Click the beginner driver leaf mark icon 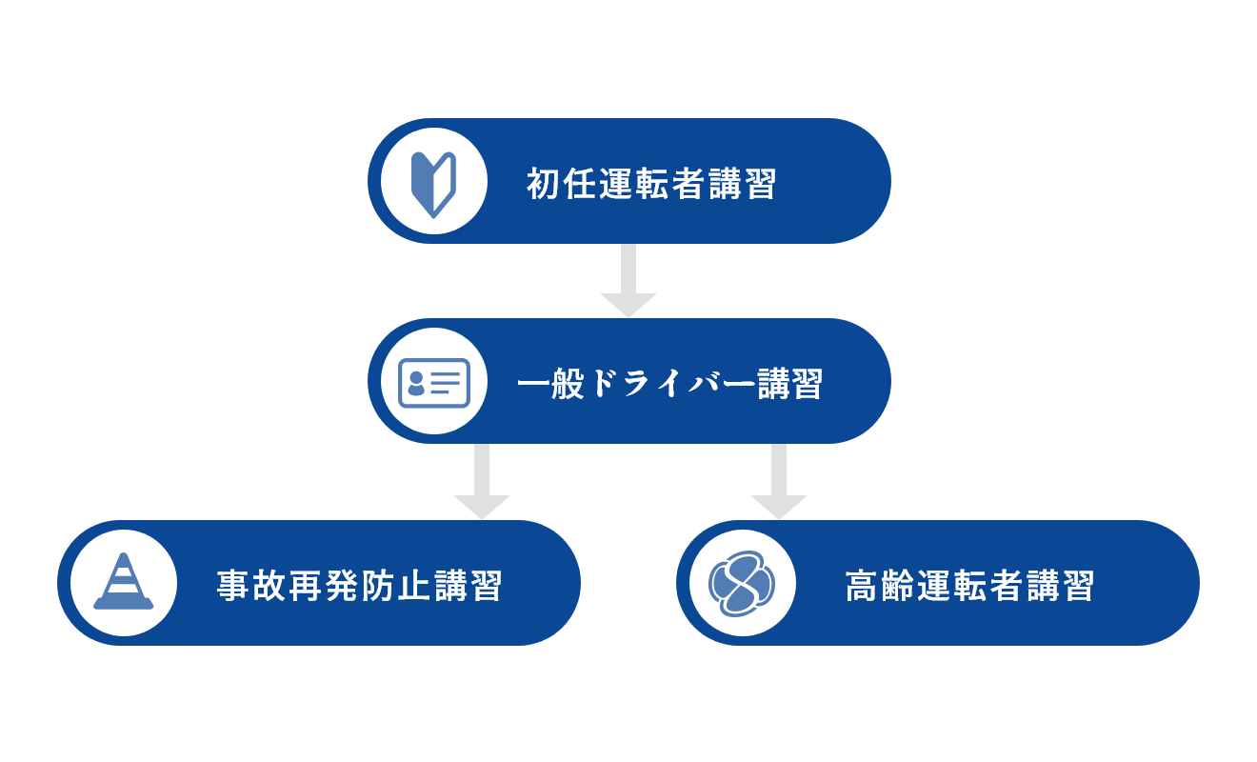[433, 184]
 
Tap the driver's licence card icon [434, 383]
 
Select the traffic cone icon [124, 581]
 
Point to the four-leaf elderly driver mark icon [742, 584]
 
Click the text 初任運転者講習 [651, 184]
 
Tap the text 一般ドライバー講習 [670, 384]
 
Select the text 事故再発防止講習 [360, 586]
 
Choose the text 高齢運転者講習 [969, 586]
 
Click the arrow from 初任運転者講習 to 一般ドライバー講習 [628, 281]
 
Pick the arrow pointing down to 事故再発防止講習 [482, 481]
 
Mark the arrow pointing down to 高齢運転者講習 [779, 481]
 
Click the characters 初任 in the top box [561, 184]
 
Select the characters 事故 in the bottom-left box [251, 586]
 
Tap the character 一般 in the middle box [551, 384]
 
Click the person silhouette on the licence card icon [416, 383]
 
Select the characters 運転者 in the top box [651, 184]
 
